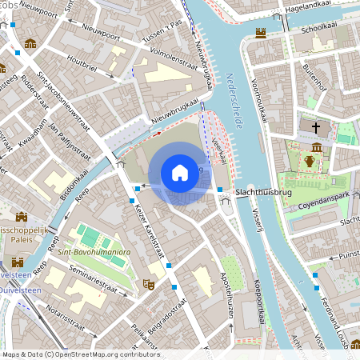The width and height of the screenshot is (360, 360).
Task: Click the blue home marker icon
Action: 180,173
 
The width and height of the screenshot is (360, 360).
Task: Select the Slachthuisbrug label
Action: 262,193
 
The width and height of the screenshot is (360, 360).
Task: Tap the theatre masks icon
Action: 147,283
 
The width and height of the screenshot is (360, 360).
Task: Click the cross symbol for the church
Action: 315,127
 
